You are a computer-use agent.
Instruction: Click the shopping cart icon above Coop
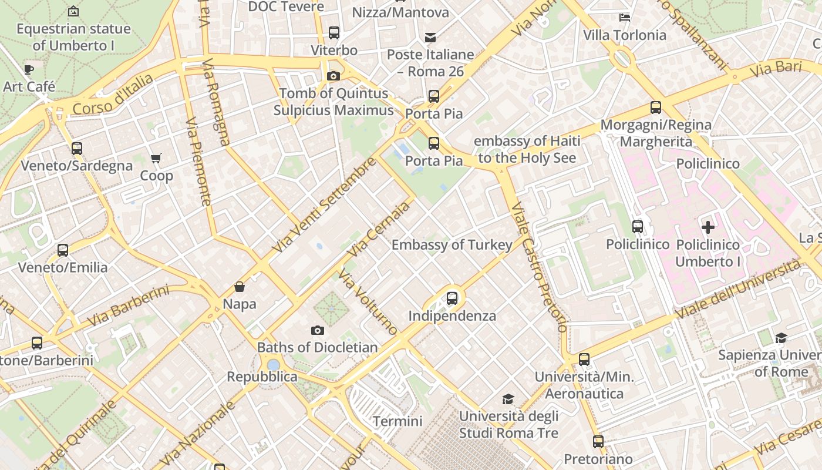[156, 158]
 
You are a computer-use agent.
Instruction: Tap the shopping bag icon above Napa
[240, 287]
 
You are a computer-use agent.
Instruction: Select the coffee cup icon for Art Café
[28, 69]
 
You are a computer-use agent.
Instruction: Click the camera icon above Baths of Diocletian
[318, 330]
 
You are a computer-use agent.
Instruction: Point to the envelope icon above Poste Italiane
[430, 38]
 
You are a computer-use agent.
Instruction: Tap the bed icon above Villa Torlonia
[625, 18]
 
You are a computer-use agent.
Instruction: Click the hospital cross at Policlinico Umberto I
[708, 227]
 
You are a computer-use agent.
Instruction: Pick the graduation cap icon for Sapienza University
[781, 338]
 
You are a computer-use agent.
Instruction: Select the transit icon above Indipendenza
[452, 298]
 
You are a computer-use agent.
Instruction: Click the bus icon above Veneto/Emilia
[63, 250]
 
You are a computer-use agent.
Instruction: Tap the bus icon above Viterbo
[334, 33]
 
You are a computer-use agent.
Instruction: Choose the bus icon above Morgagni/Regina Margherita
[656, 108]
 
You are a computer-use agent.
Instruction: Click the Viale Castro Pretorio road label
[539, 267]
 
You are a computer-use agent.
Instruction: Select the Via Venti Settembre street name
[324, 205]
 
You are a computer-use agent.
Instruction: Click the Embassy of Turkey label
[452, 244]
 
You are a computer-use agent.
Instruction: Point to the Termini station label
[397, 421]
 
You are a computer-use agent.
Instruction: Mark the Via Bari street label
[776, 69]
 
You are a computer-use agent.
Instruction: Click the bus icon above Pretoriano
[598, 441]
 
